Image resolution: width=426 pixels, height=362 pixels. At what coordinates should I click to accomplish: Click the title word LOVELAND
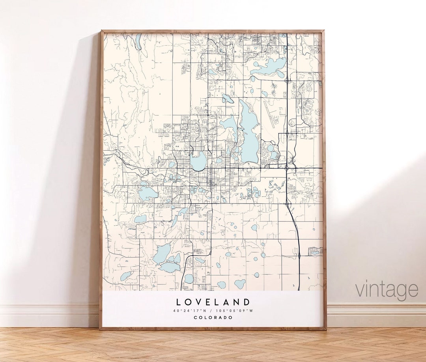pyautogui.click(x=213, y=302)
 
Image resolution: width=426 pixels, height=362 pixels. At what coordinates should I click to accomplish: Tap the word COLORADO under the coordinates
pyautogui.click(x=213, y=318)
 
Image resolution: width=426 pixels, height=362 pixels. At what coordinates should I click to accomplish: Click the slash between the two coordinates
pyautogui.click(x=213, y=311)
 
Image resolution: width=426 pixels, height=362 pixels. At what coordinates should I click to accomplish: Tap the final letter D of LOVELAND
pyautogui.click(x=247, y=302)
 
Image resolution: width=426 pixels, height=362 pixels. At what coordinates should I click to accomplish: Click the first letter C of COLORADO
pyautogui.click(x=195, y=318)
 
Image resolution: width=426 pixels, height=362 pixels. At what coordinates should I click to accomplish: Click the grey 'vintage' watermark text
pyautogui.click(x=387, y=290)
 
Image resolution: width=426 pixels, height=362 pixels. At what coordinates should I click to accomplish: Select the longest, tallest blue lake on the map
pyautogui.click(x=248, y=132)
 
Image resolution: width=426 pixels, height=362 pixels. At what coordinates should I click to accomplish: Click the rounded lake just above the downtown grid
pyautogui.click(x=198, y=161)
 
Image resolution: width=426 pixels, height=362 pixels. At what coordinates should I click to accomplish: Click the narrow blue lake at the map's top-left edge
pyautogui.click(x=138, y=41)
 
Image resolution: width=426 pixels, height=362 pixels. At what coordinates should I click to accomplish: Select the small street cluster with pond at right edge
pyautogui.click(x=316, y=251)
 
